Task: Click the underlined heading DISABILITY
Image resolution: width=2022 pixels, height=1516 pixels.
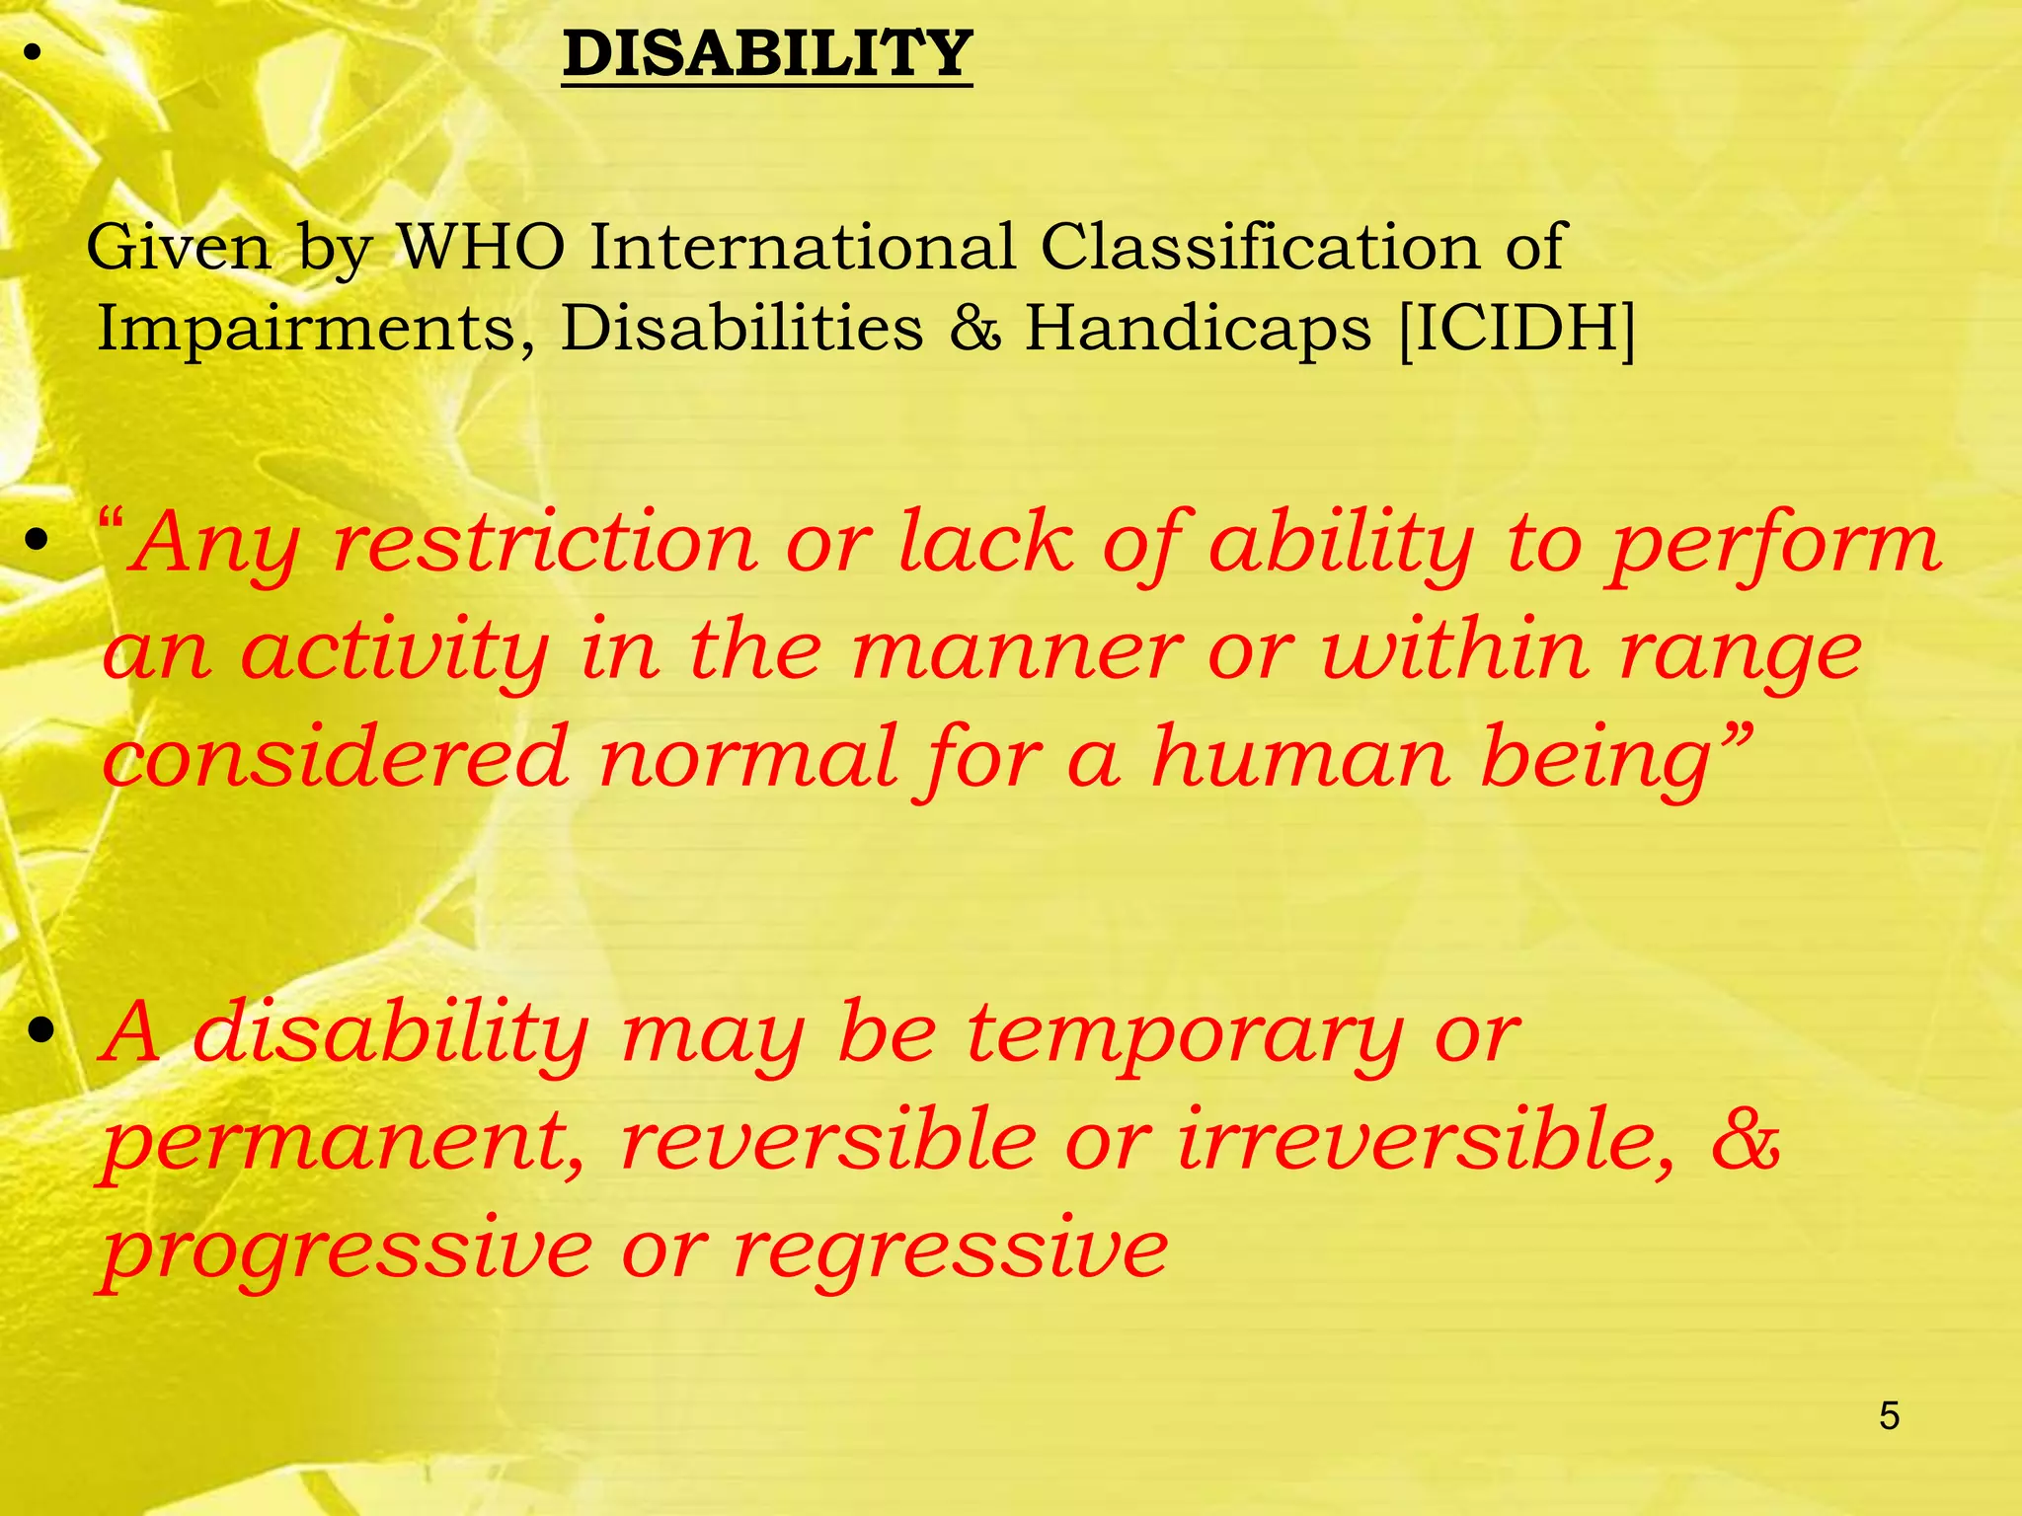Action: [x=767, y=54]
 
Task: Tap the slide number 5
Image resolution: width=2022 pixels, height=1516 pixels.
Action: [x=1889, y=1416]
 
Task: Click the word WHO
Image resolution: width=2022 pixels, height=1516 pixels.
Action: [x=480, y=247]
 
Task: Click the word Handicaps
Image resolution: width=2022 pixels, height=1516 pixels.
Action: [x=1198, y=328]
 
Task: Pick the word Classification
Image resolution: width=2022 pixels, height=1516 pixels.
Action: [x=1259, y=247]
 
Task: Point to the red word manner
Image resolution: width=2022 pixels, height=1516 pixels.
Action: [x=1015, y=651]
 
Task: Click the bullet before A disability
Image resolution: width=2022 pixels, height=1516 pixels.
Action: [x=40, y=1033]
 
